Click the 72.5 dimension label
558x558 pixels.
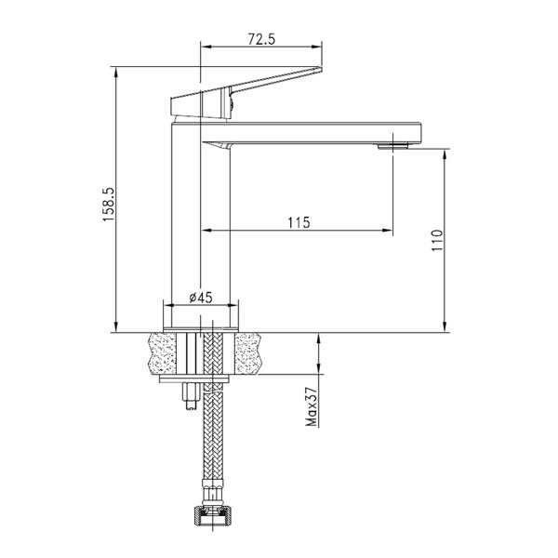coord(261,39)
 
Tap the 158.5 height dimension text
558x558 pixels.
coord(109,205)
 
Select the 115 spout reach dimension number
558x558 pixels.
coord(299,222)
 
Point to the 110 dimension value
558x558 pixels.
coord(437,240)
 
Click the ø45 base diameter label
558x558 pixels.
coord(201,298)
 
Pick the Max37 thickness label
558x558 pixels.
coord(311,406)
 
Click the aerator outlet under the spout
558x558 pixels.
coord(392,146)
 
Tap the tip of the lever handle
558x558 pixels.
coord(321,68)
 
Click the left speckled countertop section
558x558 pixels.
coord(162,353)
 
